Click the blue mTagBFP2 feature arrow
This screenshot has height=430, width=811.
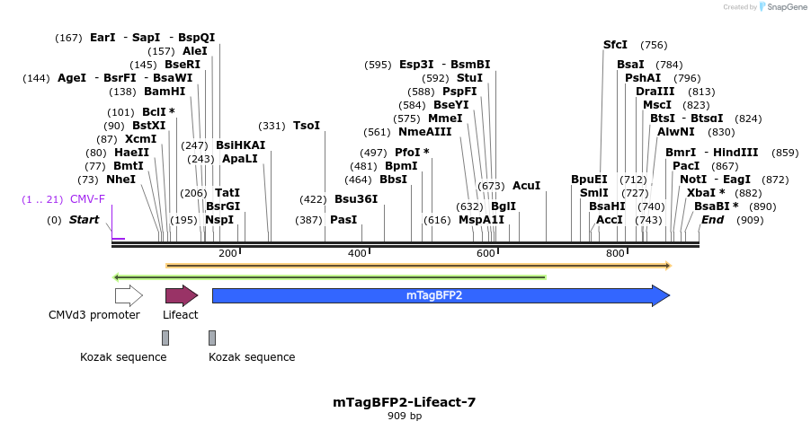tap(441, 295)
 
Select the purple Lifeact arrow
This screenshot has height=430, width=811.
tap(181, 295)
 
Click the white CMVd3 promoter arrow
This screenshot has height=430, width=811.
tap(129, 295)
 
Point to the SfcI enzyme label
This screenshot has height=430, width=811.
tap(615, 45)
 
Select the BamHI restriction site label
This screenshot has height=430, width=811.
tap(165, 92)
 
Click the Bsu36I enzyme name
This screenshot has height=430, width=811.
tap(356, 199)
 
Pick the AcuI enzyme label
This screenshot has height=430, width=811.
tap(526, 186)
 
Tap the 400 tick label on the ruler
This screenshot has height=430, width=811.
tap(357, 253)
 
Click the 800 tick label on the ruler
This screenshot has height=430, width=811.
tap(615, 253)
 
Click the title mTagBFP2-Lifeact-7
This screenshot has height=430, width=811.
tap(404, 402)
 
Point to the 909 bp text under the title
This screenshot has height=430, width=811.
tap(404, 417)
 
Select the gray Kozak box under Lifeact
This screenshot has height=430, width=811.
tap(165, 338)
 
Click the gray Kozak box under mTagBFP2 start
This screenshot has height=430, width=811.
tap(212, 338)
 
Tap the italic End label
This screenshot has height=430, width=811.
tap(712, 220)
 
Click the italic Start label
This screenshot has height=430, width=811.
tap(84, 220)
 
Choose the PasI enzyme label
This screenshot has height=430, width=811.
tap(343, 220)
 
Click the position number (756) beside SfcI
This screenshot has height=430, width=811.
tap(654, 45)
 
